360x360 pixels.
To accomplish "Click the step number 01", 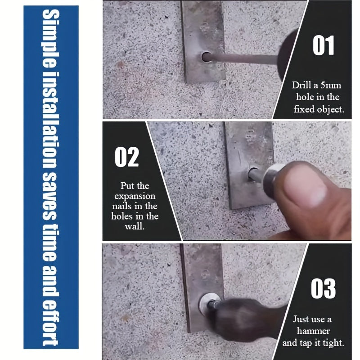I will point(323,46).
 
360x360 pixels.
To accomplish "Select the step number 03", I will point(323,288).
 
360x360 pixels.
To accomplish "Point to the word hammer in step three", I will point(312,331).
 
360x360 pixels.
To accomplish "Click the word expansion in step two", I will point(135,196).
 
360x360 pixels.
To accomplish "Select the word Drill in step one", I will point(301,85).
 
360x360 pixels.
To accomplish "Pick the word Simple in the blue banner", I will point(50,34).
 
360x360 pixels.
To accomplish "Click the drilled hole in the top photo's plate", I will point(207,57).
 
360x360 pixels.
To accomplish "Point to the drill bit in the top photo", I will point(247,58).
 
